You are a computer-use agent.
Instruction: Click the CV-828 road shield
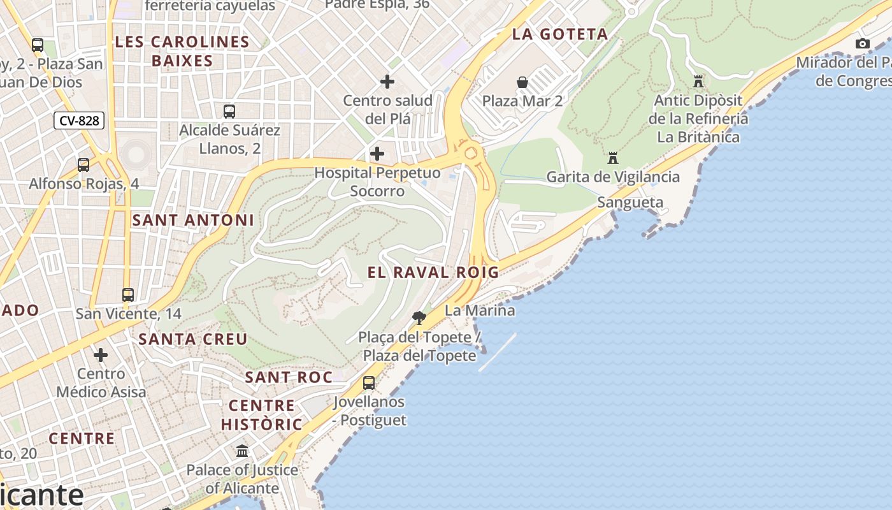pos(79,120)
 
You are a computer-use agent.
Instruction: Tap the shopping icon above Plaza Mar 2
pos(522,82)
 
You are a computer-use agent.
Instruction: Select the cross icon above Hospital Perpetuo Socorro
pos(377,154)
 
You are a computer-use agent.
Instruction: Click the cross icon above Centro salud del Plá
pos(387,82)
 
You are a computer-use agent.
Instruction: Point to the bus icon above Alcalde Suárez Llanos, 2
pos(229,112)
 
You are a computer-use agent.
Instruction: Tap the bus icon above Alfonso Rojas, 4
pos(83,165)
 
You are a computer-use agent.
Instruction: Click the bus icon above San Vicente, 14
pos(128,295)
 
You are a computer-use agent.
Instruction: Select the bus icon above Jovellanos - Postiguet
pos(369,383)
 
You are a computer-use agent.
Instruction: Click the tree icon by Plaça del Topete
pos(419,317)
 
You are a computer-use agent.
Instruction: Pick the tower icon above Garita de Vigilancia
pos(613,157)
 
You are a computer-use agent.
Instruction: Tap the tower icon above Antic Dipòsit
pos(698,82)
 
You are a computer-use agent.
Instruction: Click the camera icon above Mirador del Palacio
pos(863,44)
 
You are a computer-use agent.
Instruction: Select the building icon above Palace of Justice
pos(242,451)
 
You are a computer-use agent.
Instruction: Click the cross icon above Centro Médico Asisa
pos(101,355)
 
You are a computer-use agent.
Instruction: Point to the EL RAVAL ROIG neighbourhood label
pos(433,272)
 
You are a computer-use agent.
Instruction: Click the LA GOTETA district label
pos(560,34)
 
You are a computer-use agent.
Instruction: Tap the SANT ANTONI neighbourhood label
pos(193,220)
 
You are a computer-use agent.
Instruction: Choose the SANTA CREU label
pos(193,339)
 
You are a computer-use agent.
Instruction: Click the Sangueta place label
pos(630,203)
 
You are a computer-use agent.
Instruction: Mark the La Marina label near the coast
pos(480,310)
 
